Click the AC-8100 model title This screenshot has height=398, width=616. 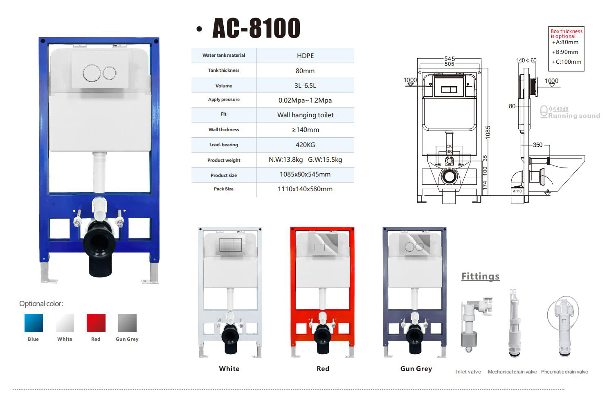[256, 28]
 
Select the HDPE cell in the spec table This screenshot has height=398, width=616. [305, 56]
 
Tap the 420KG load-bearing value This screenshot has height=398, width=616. [305, 145]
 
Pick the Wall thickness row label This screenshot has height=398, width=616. [224, 130]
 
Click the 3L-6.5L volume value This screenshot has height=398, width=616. [305, 86]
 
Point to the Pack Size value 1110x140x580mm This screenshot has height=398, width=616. [305, 189]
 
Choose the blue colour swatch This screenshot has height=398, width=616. [34, 323]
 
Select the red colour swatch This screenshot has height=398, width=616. [96, 323]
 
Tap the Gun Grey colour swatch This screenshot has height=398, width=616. [127, 323]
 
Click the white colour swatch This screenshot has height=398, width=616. [65, 323]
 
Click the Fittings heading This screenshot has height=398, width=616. [480, 276]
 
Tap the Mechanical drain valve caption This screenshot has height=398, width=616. [512, 372]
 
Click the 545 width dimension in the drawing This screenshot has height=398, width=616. [450, 59]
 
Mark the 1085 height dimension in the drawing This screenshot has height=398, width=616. [488, 132]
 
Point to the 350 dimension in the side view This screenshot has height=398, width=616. [537, 145]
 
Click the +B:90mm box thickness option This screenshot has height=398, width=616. [565, 52]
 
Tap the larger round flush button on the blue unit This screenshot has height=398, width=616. [92, 74]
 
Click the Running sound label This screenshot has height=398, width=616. [574, 116]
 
